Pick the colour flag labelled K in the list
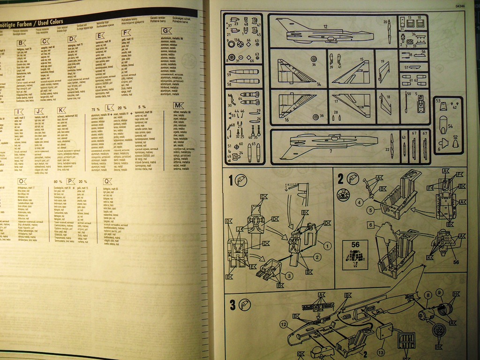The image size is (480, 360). [x=61, y=111]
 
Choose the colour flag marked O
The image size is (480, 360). [x=22, y=181]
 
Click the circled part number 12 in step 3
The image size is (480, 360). [x=283, y=324]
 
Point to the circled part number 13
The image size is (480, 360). [x=381, y=351]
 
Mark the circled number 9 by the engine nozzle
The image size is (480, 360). [x=439, y=292]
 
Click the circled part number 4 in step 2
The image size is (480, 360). [x=359, y=202]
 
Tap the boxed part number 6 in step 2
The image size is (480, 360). [x=370, y=225]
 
